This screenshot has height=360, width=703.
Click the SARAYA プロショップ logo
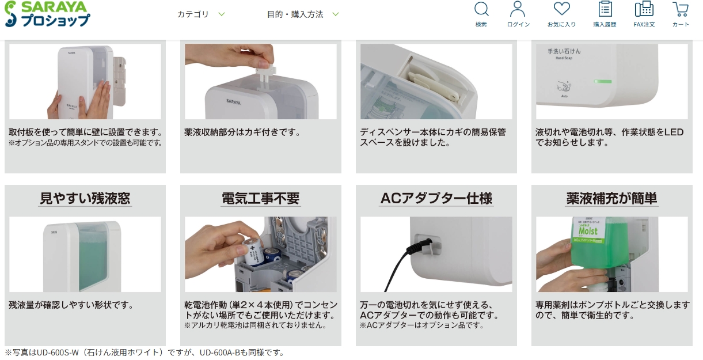click(x=48, y=14)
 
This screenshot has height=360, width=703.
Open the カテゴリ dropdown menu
click(x=201, y=14)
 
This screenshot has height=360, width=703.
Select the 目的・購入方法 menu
click(x=302, y=14)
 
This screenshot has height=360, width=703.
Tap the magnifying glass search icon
click(x=481, y=9)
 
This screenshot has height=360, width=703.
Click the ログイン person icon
click(x=518, y=9)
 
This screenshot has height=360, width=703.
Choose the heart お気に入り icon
click(x=561, y=9)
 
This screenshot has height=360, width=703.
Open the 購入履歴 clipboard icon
click(x=605, y=9)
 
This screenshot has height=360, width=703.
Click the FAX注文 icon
click(x=644, y=9)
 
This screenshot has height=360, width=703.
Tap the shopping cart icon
click(x=681, y=9)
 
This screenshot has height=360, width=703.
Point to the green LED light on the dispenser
click(x=603, y=82)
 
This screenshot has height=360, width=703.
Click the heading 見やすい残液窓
click(x=85, y=198)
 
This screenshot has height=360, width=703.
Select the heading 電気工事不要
click(x=260, y=198)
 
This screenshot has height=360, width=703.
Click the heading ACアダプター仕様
click(x=436, y=198)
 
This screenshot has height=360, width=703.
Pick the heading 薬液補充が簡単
click(x=611, y=198)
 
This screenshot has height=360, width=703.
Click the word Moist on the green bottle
click(x=588, y=232)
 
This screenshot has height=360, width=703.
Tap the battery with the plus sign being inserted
click(x=253, y=252)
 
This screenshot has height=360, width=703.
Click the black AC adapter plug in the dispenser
click(x=419, y=247)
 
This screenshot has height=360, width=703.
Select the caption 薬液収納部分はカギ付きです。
click(x=242, y=132)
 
